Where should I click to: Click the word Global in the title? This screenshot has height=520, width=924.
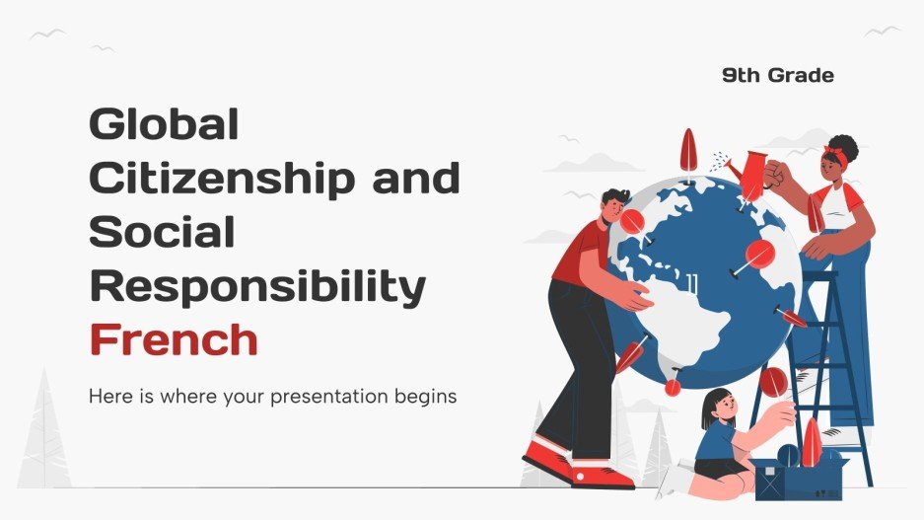pos(164,126)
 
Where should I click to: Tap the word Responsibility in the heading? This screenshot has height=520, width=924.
pos(256,286)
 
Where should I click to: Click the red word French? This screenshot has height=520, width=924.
pos(174,339)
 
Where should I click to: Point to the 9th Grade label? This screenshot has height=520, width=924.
pos(777,75)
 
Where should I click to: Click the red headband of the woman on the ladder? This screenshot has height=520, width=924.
pos(837,156)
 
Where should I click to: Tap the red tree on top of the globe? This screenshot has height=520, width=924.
pos(688,151)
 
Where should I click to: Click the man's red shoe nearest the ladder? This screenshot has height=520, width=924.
pos(601,477)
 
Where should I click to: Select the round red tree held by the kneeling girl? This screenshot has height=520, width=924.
pos(773,381)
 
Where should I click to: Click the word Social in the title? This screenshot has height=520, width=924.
pos(162,232)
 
